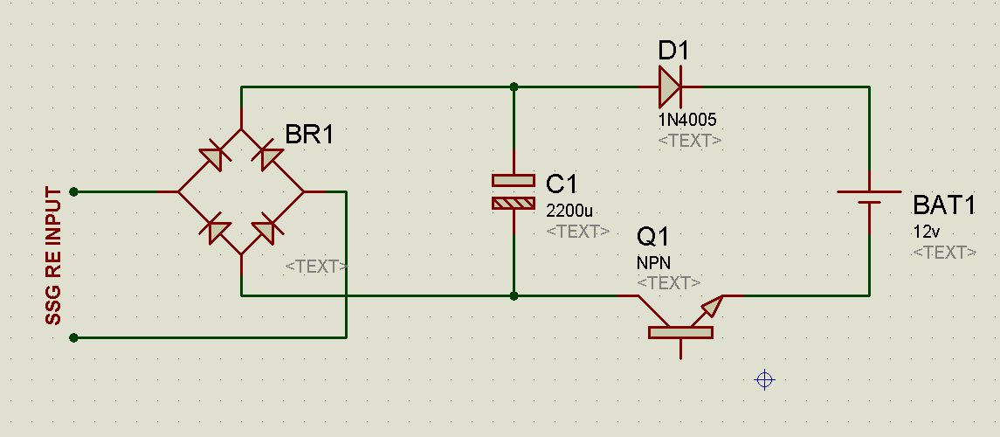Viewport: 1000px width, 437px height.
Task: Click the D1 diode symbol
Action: [670, 87]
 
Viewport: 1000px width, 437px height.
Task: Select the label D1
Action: [672, 51]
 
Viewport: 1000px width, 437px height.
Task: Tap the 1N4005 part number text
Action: [687, 119]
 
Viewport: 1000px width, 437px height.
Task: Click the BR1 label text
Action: [308, 135]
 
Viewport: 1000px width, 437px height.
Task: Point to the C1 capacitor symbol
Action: [514, 191]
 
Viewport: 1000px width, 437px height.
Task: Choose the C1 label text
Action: [562, 184]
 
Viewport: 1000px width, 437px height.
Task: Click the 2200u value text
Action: [569, 211]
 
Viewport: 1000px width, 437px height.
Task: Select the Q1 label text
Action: [653, 237]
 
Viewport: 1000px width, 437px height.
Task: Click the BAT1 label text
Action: [944, 205]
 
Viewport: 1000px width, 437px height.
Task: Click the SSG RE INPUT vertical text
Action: [53, 256]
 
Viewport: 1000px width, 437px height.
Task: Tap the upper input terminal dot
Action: [74, 191]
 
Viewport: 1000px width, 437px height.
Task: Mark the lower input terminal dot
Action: [74, 337]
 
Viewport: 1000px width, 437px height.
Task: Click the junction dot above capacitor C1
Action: [514, 87]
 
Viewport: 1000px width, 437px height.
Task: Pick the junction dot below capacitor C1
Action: [514, 296]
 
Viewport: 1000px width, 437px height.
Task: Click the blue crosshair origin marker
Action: [764, 380]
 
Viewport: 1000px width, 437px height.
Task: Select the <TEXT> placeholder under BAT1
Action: [944, 253]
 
